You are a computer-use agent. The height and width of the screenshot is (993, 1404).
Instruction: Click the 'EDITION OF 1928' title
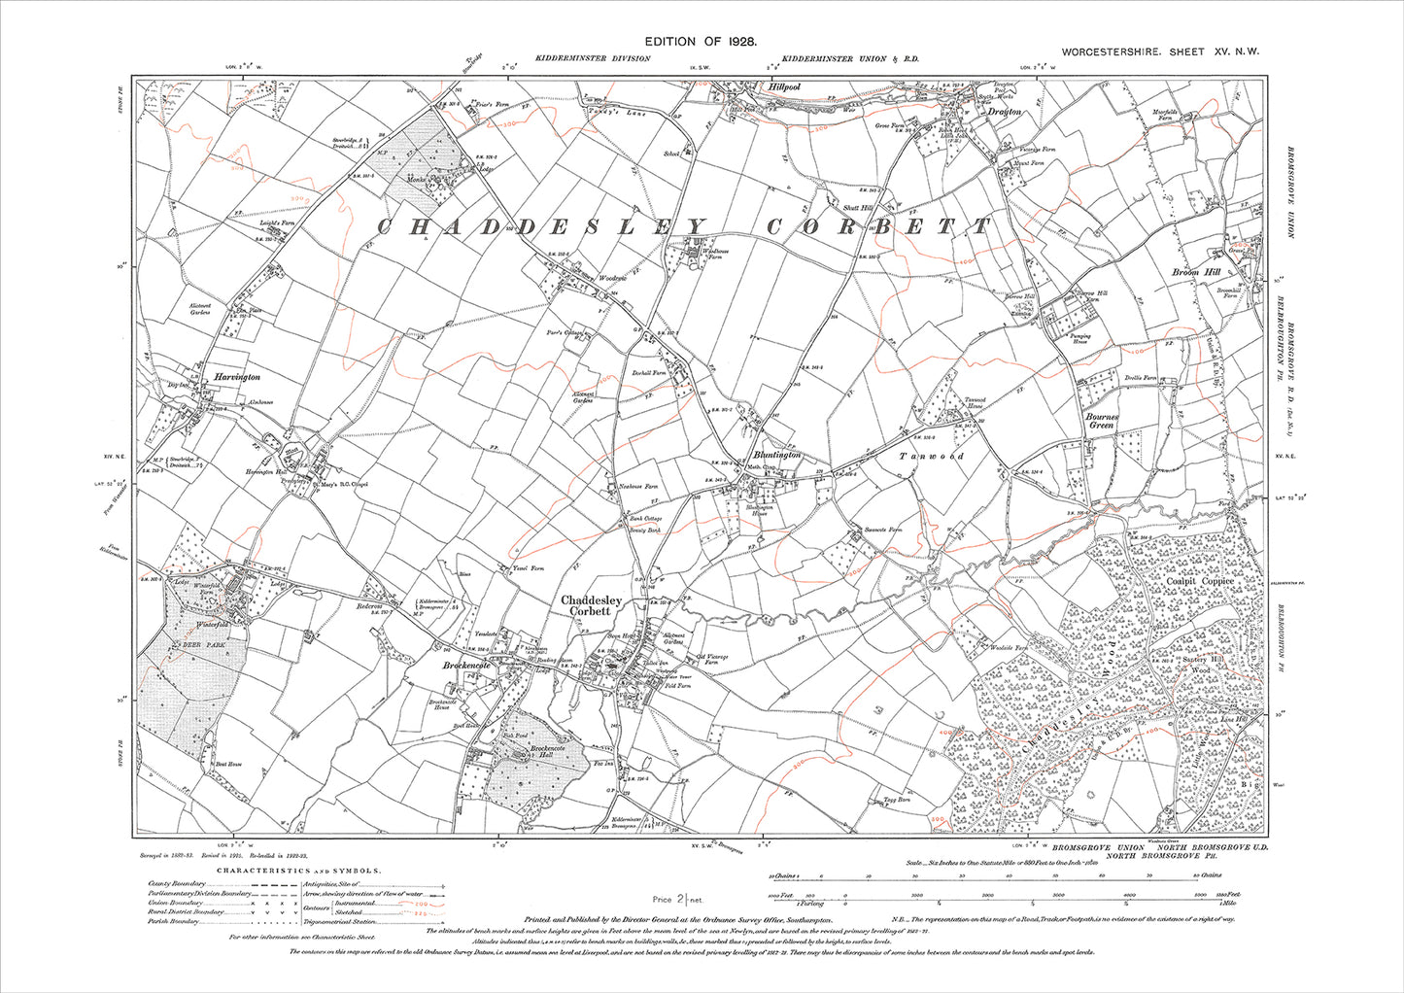pyautogui.click(x=701, y=42)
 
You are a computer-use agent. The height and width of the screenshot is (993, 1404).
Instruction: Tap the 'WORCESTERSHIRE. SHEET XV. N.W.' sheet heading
pyautogui.click(x=1160, y=52)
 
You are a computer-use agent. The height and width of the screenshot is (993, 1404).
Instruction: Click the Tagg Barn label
pyautogui.click(x=894, y=799)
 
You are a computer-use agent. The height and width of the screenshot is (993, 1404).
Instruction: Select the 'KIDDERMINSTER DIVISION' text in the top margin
pyautogui.click(x=592, y=59)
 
